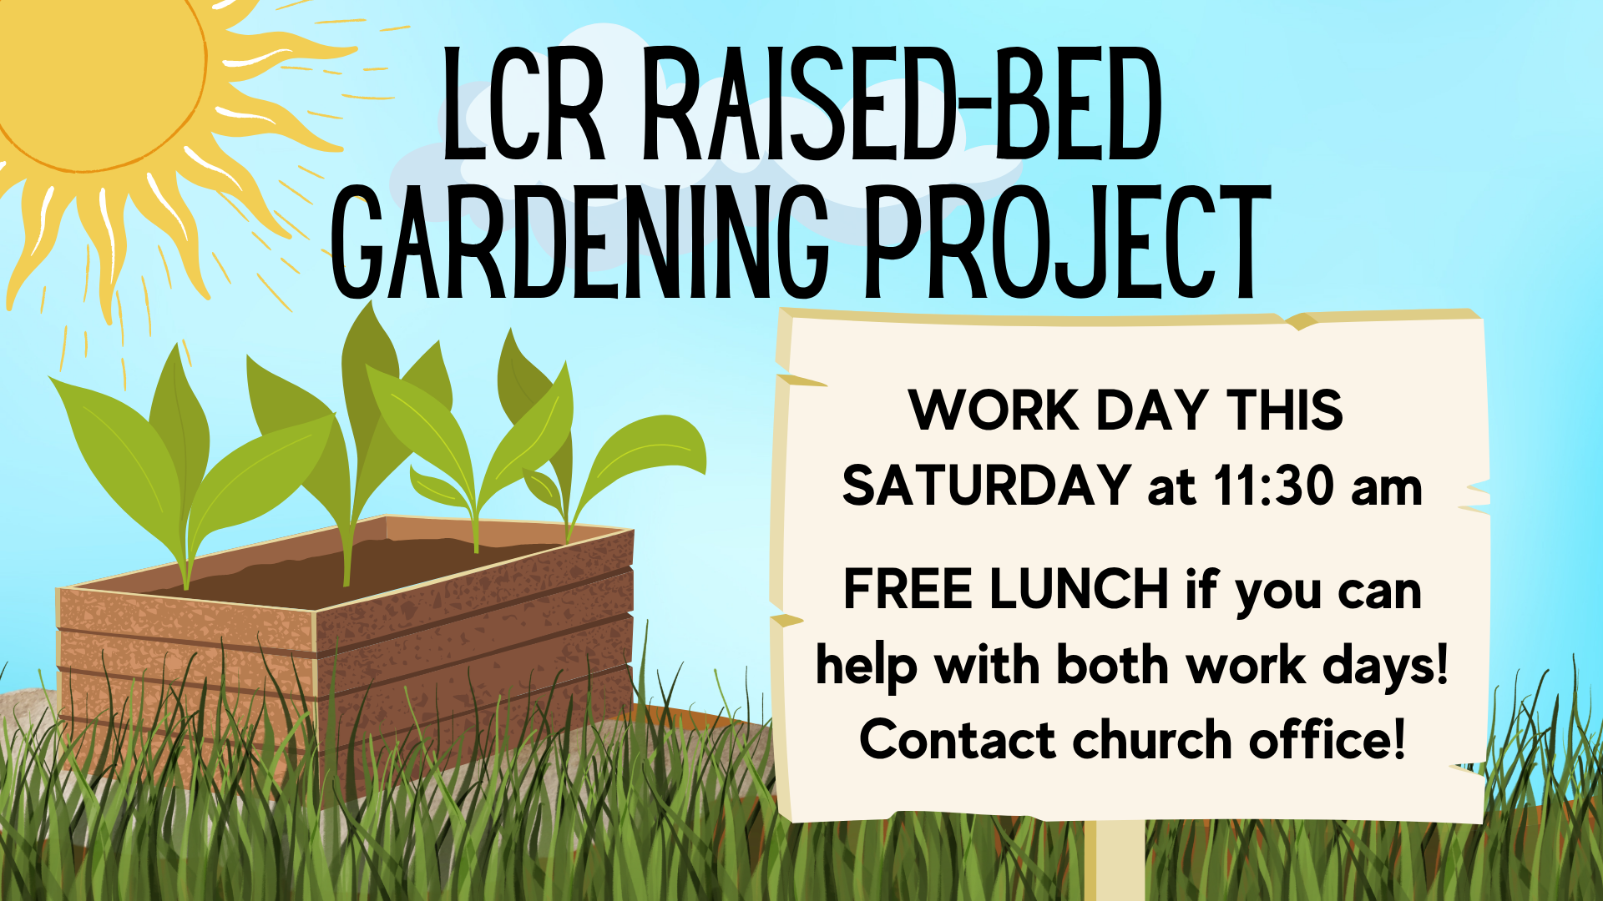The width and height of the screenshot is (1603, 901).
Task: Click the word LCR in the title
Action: coord(523,103)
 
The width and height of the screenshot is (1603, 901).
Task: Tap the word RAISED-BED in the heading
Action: coord(902,103)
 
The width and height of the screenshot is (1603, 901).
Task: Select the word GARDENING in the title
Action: coord(580,243)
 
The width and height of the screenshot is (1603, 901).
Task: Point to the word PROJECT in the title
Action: coord(1067,243)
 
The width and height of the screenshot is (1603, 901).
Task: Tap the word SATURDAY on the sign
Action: coord(986,486)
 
